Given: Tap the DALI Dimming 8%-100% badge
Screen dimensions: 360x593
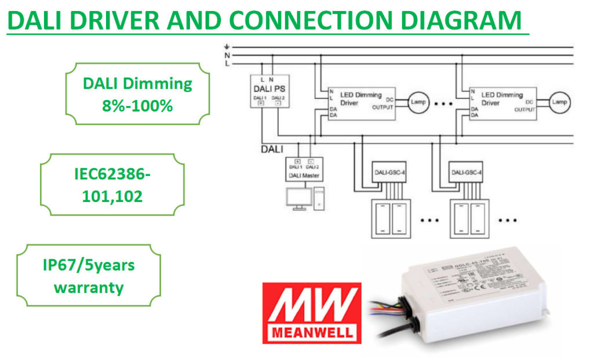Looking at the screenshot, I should tap(137, 94).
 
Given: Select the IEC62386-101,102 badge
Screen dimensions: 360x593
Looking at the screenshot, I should tap(112, 185).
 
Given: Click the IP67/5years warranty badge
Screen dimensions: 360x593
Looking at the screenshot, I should tap(89, 276).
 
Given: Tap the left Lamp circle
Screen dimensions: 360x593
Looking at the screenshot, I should tap(418, 102).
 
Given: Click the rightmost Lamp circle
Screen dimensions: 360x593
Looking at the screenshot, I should tap(559, 102).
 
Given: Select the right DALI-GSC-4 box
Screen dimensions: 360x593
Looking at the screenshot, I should tap(467, 171).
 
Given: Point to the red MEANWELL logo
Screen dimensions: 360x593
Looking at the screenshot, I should tap(311, 313).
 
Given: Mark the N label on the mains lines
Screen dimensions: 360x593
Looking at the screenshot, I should tap(227, 55).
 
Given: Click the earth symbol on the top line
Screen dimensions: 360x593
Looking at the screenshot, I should tap(227, 46).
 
